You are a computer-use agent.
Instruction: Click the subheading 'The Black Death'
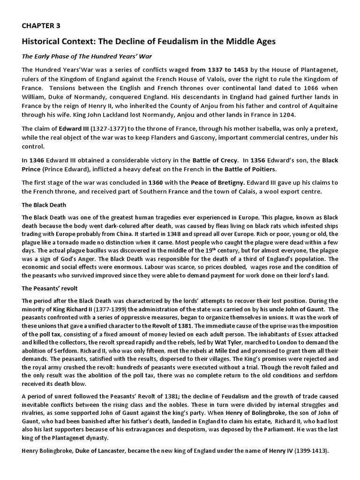tap(44, 205)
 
